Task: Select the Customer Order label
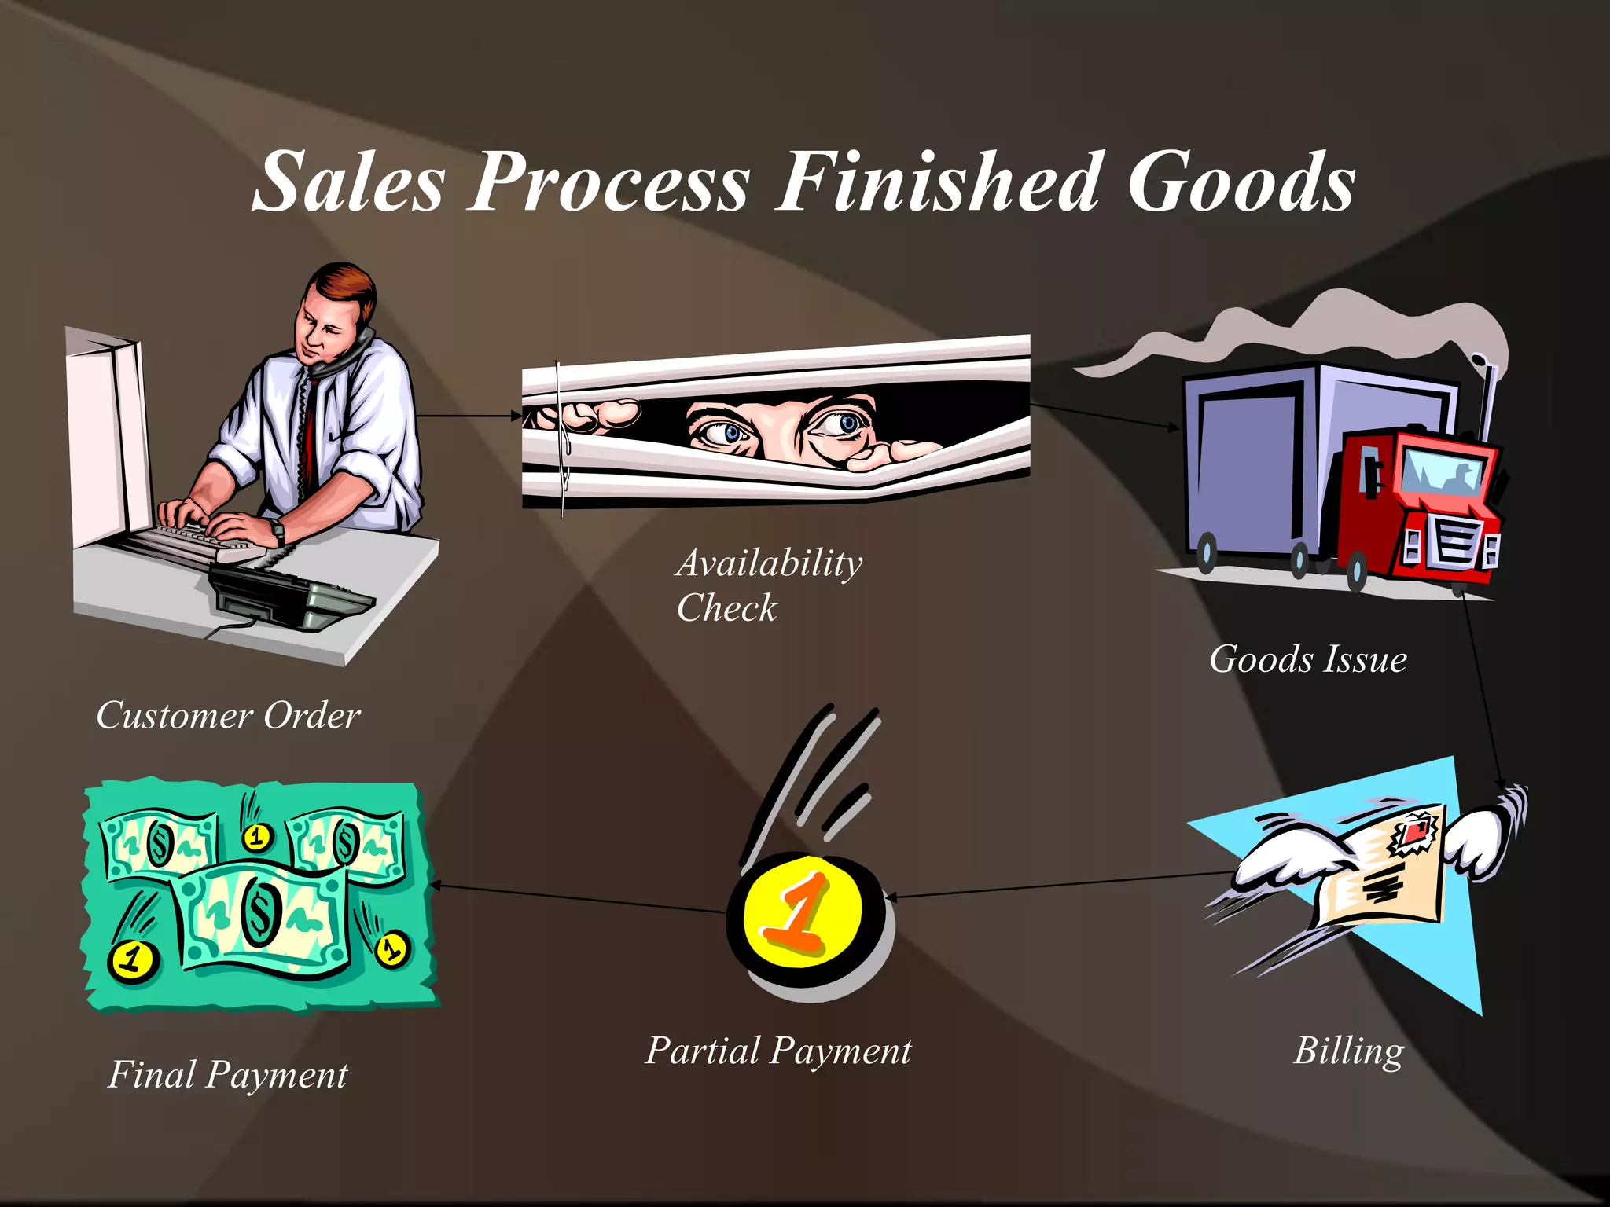click(x=228, y=716)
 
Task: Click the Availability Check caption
click(x=768, y=585)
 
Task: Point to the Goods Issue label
click(x=1307, y=659)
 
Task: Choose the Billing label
click(x=1348, y=1051)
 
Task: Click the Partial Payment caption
click(x=778, y=1051)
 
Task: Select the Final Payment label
click(x=227, y=1075)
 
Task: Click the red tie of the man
click(x=308, y=440)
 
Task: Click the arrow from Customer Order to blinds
click(x=469, y=415)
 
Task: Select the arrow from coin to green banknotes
click(x=578, y=898)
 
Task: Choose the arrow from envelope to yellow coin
click(x=1057, y=885)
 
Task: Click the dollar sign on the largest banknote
click(x=258, y=912)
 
